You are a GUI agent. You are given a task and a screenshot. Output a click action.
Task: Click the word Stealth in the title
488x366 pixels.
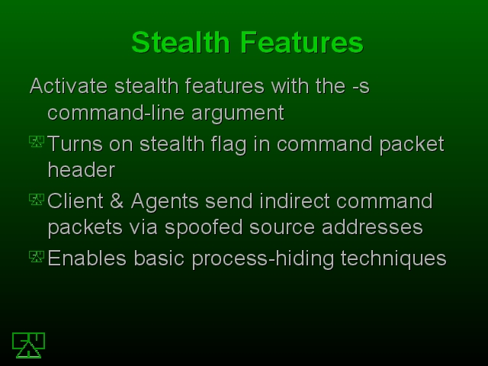click(x=181, y=43)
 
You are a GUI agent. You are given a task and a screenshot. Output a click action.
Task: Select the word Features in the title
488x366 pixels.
click(x=302, y=43)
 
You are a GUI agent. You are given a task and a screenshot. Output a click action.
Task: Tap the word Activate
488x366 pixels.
click(x=69, y=85)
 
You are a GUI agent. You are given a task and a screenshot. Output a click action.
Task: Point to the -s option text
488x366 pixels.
click(x=361, y=86)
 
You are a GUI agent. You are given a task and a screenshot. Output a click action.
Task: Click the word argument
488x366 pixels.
click(x=238, y=114)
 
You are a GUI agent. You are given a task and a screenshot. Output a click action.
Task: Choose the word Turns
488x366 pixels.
click(x=75, y=144)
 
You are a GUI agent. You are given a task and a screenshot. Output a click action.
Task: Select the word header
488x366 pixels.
click(x=82, y=170)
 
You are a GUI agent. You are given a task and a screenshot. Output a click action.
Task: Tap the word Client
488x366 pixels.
click(x=75, y=201)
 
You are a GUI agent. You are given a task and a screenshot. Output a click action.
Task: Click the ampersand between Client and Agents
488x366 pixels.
click(x=117, y=201)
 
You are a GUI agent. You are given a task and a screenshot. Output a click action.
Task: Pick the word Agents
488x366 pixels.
click(x=165, y=202)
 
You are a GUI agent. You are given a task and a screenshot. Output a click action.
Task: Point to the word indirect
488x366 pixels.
click(x=294, y=201)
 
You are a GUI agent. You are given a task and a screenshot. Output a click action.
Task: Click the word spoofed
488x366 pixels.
click(x=204, y=228)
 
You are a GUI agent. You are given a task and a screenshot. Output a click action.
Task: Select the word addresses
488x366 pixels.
click(x=372, y=227)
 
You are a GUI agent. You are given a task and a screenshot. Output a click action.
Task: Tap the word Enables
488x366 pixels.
click(x=87, y=258)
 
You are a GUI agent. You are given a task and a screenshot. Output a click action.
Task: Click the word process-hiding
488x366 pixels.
click(x=263, y=259)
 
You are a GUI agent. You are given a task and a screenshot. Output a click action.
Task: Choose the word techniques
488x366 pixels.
click(x=393, y=259)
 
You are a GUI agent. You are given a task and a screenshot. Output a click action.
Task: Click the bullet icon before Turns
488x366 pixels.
click(x=37, y=141)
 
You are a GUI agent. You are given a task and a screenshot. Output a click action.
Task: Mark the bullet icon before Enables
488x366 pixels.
click(x=37, y=256)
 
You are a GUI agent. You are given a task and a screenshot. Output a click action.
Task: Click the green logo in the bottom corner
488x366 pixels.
click(x=29, y=345)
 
